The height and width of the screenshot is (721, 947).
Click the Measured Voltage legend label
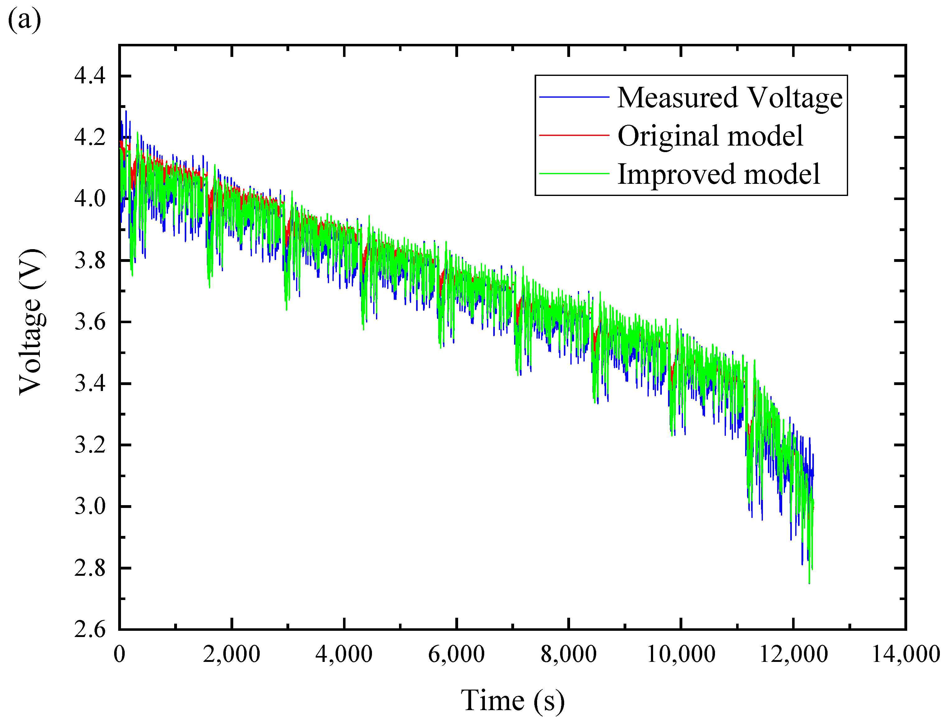coord(729,98)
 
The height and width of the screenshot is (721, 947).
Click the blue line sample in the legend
coord(574,97)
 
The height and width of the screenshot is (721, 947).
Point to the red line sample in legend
coord(574,135)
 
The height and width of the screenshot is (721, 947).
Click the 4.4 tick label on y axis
coord(90,76)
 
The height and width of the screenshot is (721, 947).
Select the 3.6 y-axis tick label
coord(90,322)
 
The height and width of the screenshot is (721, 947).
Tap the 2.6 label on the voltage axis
coord(90,630)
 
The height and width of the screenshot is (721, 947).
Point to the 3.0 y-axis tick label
coord(90,506)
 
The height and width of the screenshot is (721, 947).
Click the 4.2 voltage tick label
coord(90,137)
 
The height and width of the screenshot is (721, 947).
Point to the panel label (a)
coord(25,19)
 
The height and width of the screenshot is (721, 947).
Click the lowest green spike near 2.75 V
coord(809,582)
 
